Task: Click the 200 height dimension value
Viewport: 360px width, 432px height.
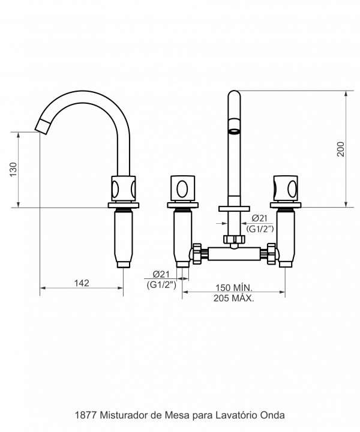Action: [340, 149]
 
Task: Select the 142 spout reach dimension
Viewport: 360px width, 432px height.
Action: [81, 283]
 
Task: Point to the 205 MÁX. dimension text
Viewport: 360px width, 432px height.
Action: [234, 298]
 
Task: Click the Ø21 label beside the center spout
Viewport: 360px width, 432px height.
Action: [260, 218]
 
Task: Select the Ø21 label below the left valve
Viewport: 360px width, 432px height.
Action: [160, 275]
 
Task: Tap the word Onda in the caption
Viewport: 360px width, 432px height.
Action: [274, 415]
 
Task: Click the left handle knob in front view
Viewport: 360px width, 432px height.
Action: [182, 188]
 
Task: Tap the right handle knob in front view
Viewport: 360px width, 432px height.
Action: [285, 188]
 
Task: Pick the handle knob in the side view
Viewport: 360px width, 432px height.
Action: [123, 188]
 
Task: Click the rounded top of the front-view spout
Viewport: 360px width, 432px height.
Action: [234, 96]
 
